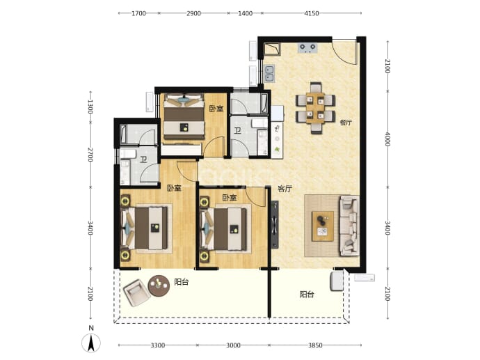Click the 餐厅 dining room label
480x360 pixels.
(x=346, y=123)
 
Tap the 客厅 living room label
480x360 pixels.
(x=285, y=189)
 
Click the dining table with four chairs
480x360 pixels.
(x=315, y=108)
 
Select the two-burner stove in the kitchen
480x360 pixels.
(x=307, y=48)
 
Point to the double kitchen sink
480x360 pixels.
(x=269, y=74)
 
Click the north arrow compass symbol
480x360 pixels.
(x=91, y=343)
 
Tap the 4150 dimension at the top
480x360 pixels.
(x=312, y=13)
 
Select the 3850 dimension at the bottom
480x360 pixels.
(x=315, y=345)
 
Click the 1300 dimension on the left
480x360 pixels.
(x=90, y=107)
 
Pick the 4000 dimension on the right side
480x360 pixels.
(x=387, y=139)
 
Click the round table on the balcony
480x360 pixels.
(x=159, y=285)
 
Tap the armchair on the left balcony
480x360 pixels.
(x=136, y=292)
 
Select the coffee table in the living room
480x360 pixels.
(x=323, y=226)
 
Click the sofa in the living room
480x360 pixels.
(x=349, y=226)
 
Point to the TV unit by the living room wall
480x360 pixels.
(x=275, y=224)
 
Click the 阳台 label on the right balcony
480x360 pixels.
(x=306, y=295)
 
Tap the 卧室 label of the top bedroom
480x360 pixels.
(x=216, y=109)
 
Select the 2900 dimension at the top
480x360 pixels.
(x=194, y=13)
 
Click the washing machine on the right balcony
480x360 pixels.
(x=337, y=281)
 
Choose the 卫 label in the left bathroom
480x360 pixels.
(x=143, y=159)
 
